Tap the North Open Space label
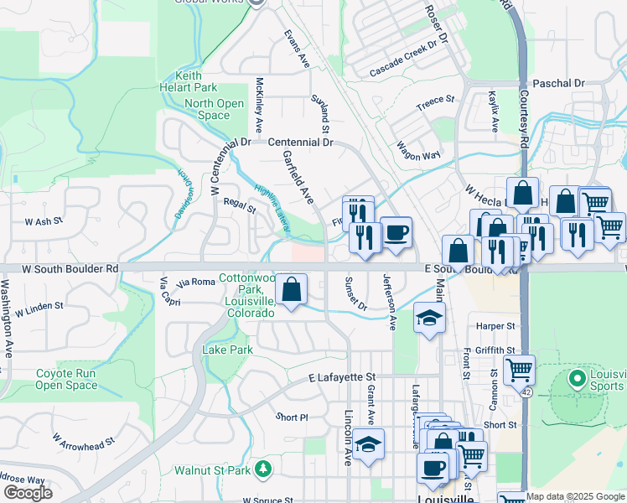(214, 109)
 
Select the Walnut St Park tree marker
(263, 466)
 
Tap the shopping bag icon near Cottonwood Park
(290, 290)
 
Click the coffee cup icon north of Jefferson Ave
(396, 233)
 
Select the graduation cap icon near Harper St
(429, 319)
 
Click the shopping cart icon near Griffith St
(519, 369)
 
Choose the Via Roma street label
(197, 282)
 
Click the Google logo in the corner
(28, 493)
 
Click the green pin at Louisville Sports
(576, 378)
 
